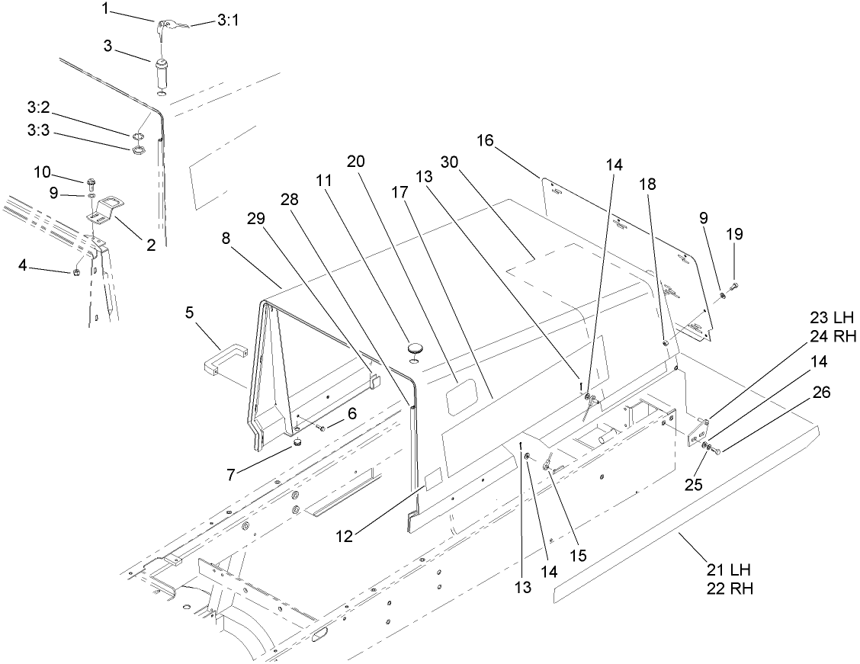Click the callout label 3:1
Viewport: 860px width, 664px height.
[228, 21]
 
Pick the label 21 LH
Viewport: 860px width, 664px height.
[728, 569]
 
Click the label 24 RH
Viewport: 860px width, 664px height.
[833, 337]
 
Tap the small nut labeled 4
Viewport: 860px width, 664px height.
[77, 272]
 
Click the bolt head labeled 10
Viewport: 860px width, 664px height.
[91, 182]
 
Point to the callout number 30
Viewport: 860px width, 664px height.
[450, 162]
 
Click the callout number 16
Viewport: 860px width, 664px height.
[485, 140]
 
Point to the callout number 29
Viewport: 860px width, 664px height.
[256, 218]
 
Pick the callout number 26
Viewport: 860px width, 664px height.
[822, 392]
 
